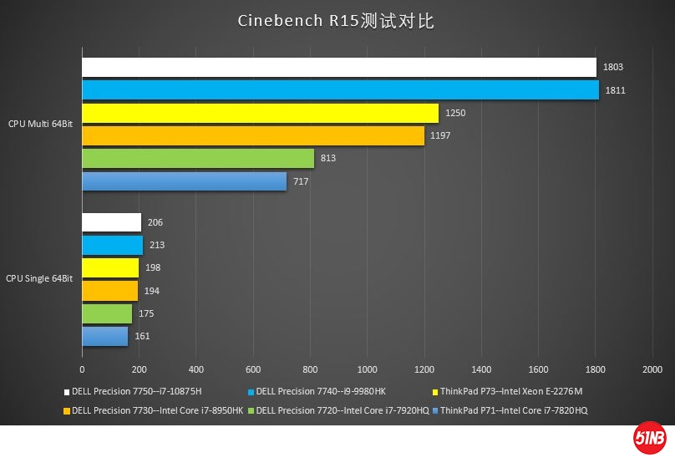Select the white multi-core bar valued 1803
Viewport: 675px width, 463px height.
coord(338,67)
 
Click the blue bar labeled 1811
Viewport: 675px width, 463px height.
coord(340,89)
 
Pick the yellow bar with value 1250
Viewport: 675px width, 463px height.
coord(260,113)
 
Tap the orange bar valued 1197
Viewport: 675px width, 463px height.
coord(252,135)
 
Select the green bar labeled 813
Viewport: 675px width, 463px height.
coord(198,158)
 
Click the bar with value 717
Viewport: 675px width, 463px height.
coord(184,181)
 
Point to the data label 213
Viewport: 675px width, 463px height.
coord(157,246)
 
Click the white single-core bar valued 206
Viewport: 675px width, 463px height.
coord(111,222)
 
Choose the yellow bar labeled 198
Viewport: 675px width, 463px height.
coord(110,268)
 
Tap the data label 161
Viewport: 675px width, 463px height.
coord(142,337)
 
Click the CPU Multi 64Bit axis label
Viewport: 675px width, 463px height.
coord(40,124)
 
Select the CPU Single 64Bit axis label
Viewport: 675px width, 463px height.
coord(39,278)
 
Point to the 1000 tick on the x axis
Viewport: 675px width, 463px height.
coord(367,369)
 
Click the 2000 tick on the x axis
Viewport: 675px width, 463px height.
coord(652,369)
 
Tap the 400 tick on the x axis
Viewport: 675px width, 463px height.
coord(196,369)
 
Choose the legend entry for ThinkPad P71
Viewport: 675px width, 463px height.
coord(514,410)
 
